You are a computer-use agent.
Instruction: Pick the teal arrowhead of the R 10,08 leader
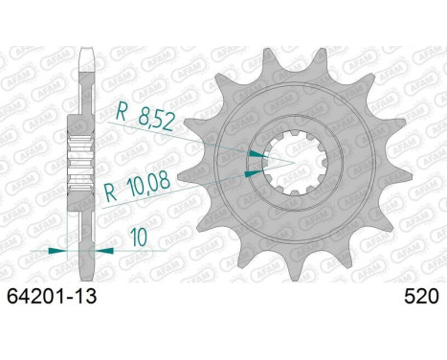click(251, 174)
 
